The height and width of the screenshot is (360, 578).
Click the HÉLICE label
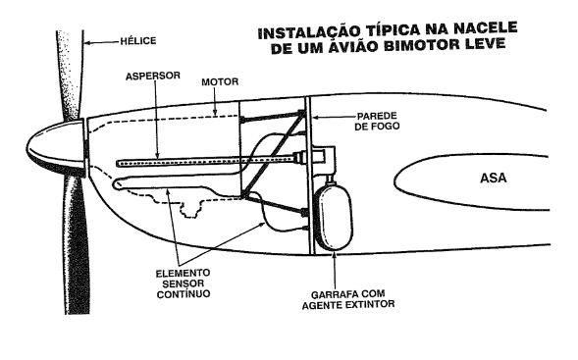138,40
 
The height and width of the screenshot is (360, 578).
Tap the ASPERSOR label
153,76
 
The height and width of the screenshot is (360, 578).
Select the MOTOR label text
220,81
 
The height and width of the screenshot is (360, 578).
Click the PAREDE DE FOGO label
377,121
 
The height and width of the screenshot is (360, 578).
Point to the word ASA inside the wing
494,178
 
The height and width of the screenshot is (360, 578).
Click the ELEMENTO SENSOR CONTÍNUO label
184,283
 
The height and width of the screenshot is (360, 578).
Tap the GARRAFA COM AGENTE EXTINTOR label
348,299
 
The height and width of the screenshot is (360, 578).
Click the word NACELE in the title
485,28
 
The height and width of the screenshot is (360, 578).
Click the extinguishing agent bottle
334,215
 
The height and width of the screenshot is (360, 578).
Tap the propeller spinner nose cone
54,147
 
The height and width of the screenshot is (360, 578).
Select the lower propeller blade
77,245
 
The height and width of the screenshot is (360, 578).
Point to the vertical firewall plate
309,175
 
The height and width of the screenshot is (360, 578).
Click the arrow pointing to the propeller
102,43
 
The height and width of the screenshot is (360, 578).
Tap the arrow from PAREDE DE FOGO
333,117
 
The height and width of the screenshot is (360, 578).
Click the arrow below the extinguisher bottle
335,270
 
